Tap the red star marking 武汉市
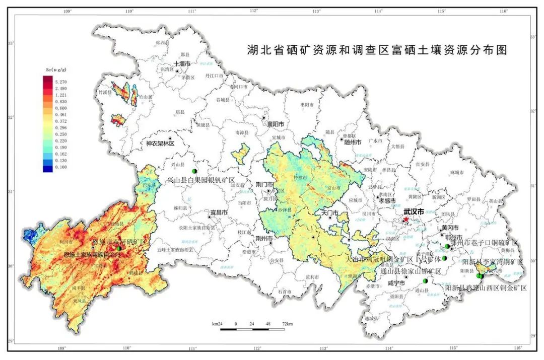tap(406, 220)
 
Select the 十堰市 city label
tap(182, 64)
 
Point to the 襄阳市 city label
tap(275, 124)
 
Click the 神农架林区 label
tap(160, 143)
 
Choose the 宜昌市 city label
tap(219, 213)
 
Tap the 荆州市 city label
tap(264, 238)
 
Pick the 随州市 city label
tap(353, 142)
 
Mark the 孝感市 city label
tap(387, 200)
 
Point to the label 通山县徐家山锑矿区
tap(412, 271)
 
